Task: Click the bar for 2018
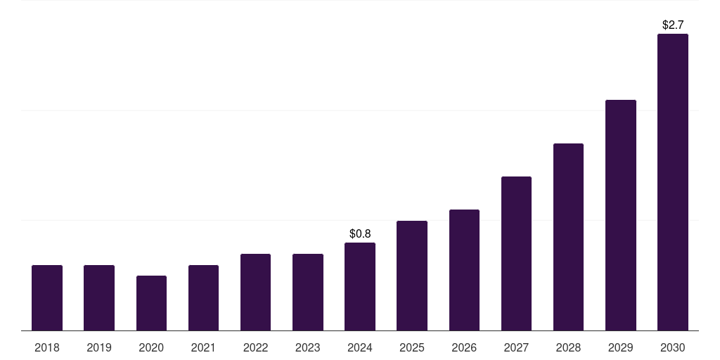(x=47, y=297)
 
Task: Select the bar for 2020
(x=151, y=303)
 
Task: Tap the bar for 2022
(x=255, y=292)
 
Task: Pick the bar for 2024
(x=359, y=286)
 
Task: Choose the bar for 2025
(x=412, y=276)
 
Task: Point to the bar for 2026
(x=464, y=270)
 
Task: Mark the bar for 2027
(x=516, y=253)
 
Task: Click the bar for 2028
(x=568, y=237)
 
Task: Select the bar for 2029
(x=620, y=215)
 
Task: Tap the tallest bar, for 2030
(x=672, y=182)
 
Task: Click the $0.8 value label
(x=360, y=233)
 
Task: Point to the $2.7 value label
(x=673, y=25)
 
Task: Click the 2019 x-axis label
(x=99, y=347)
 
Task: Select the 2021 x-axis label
(x=203, y=347)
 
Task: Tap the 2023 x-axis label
(x=307, y=347)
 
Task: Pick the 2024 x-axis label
(x=360, y=347)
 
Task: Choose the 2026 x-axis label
(x=464, y=347)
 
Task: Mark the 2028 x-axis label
(x=568, y=347)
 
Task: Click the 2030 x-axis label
(x=672, y=347)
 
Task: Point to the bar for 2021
(x=203, y=297)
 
